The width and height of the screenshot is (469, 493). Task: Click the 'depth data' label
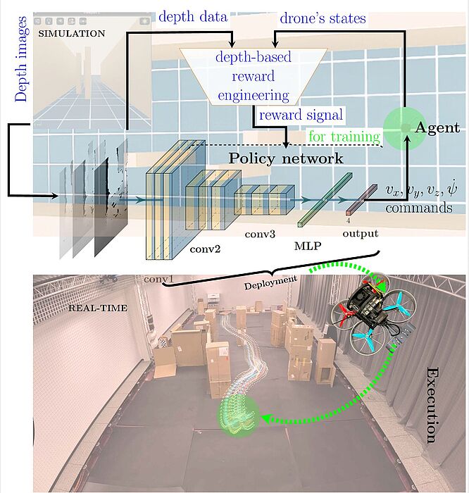pyautogui.click(x=193, y=17)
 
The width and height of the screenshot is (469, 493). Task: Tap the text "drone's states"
pyautogui.click(x=323, y=18)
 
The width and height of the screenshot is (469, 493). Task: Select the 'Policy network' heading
pyautogui.click(x=285, y=158)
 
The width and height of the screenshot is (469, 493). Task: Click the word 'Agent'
pyautogui.click(x=437, y=127)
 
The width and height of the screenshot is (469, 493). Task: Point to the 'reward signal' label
pyautogui.click(x=301, y=115)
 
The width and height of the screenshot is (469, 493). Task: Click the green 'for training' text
pyautogui.click(x=344, y=137)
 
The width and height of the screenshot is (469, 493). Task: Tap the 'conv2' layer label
pyautogui.click(x=205, y=249)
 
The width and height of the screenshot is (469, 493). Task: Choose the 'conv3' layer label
pyautogui.click(x=260, y=234)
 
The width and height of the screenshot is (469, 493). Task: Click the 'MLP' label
pyautogui.click(x=308, y=246)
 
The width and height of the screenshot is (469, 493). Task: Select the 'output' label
pyautogui.click(x=361, y=234)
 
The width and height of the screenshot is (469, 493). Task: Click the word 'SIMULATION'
pyautogui.click(x=72, y=34)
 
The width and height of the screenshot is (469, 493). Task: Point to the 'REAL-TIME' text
pyautogui.click(x=98, y=308)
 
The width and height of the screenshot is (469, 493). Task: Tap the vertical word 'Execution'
pyautogui.click(x=432, y=405)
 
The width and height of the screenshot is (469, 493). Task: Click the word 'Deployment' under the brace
pyautogui.click(x=270, y=282)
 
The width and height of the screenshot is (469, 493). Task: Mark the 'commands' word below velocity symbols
pyautogui.click(x=419, y=208)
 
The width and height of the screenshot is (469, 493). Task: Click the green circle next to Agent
pyautogui.click(x=405, y=127)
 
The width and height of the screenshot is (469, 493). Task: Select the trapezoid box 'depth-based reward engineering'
pyautogui.click(x=254, y=76)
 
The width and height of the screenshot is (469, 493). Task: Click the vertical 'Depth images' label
pyautogui.click(x=22, y=59)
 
